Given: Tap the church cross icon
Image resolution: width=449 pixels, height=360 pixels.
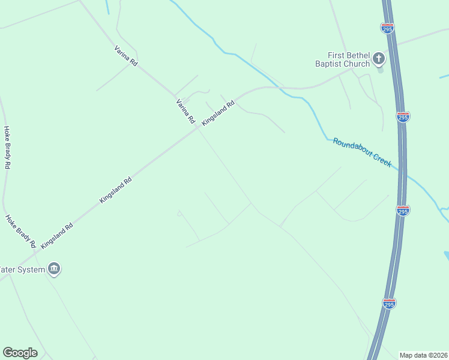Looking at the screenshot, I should coord(379,58).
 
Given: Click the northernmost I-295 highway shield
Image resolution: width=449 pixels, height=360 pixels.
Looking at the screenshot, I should coord(387,28).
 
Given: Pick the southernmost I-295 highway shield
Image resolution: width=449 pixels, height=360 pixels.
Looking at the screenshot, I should coord(389,303).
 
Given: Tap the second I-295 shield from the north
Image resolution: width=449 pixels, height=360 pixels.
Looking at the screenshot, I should coord(403,116).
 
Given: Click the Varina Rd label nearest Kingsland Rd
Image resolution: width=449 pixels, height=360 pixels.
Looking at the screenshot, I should coord(185,112).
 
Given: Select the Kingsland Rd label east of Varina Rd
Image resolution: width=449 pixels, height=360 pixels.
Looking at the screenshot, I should coord(217,113).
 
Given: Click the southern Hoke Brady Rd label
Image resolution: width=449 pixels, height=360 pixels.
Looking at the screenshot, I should coord(20,232).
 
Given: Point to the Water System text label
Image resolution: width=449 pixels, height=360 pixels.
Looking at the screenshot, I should coord(22,269).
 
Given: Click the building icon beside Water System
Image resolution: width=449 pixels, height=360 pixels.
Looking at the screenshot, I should coord(54,268).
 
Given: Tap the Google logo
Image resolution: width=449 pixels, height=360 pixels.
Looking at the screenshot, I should coord(20,353).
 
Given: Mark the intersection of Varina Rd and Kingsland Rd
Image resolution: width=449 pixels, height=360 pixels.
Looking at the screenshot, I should coord(199,128).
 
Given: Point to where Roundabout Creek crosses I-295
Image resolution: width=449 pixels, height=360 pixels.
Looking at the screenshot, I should coord(405,175).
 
